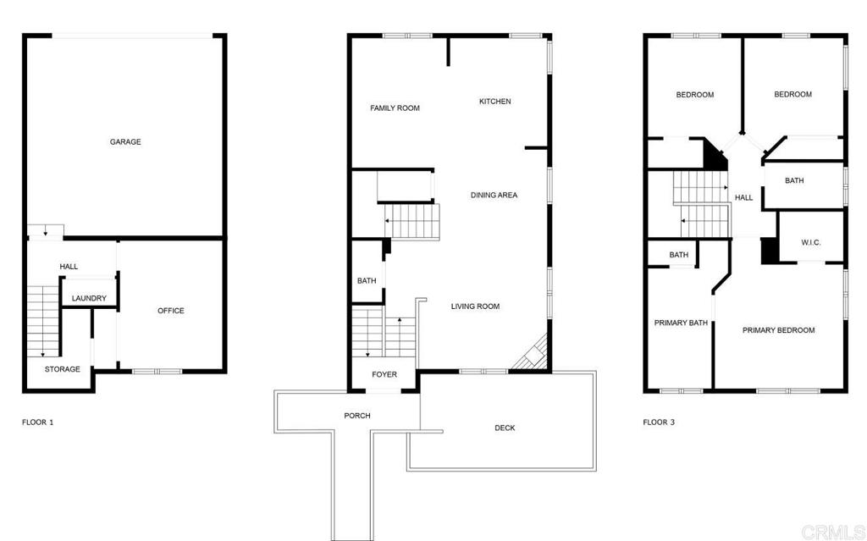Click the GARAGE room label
125,141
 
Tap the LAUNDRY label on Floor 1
89,298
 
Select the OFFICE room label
171,311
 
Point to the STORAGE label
63,369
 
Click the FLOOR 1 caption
37,422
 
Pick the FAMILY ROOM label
395,108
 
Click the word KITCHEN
495,102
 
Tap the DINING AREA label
494,196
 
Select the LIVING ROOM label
475,306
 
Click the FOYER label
384,374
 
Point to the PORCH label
356,416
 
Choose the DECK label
505,428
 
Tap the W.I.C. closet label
810,243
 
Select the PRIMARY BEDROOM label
778,330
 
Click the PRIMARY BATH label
681,323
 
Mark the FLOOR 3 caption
659,422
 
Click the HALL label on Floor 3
743,198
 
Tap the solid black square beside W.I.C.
770,251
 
